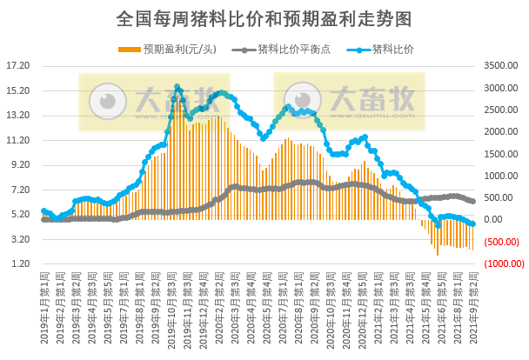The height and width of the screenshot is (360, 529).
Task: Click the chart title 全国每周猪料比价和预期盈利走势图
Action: tap(264, 17)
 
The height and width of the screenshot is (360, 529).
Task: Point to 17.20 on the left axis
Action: tap(18, 65)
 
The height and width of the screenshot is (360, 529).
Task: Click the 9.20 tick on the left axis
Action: tap(20, 164)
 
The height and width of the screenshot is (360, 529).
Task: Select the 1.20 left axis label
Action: tap(20, 263)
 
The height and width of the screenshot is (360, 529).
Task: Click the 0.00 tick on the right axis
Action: tap(497, 220)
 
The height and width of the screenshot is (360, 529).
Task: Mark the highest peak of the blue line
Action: tap(177, 87)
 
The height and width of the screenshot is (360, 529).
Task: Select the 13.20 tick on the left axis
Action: tap(18, 115)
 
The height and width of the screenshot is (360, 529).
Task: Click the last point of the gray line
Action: tap(472, 201)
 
